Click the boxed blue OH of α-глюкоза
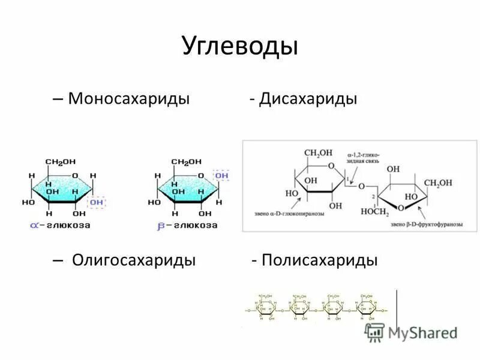click(x=96, y=203)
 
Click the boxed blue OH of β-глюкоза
click(x=221, y=175)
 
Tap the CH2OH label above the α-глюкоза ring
click(x=61, y=162)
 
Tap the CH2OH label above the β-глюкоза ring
click(x=187, y=162)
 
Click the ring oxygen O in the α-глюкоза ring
click(x=75, y=175)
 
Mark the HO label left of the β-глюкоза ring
click(x=154, y=203)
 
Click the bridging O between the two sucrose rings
click(x=361, y=186)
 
